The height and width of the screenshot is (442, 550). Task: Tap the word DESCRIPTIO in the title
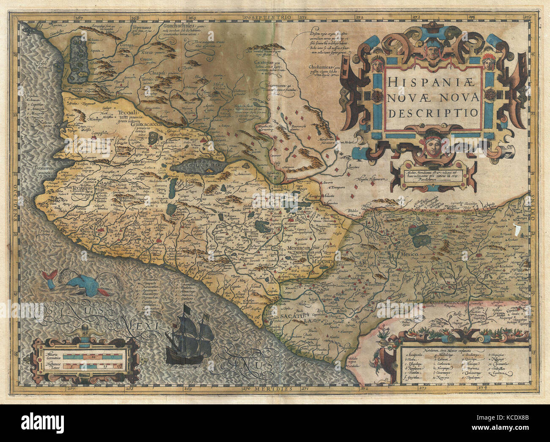pos(433,113)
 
